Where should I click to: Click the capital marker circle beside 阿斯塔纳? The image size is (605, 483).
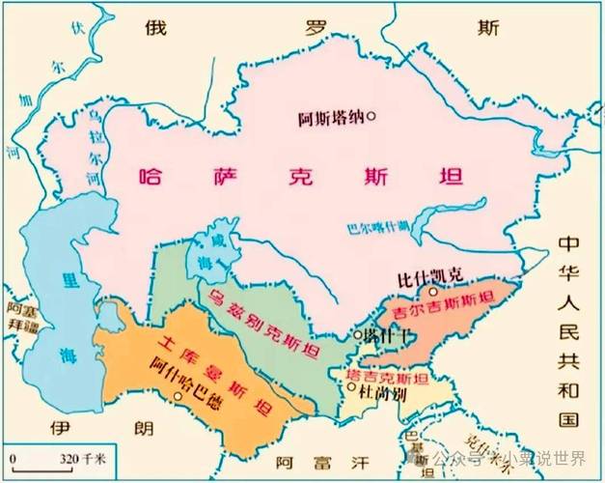[371, 118]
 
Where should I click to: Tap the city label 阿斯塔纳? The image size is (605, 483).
[329, 119]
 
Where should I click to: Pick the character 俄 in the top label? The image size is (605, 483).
[157, 26]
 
